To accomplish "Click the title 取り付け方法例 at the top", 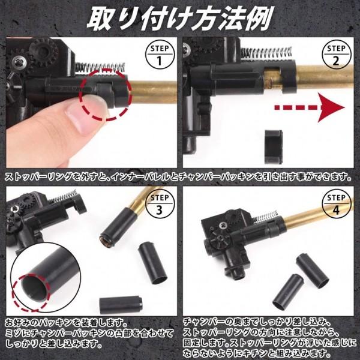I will click(179, 18).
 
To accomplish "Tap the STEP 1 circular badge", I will click(159, 55).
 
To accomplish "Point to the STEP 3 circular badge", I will click(159, 204).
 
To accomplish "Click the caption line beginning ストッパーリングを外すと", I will click(179, 178).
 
